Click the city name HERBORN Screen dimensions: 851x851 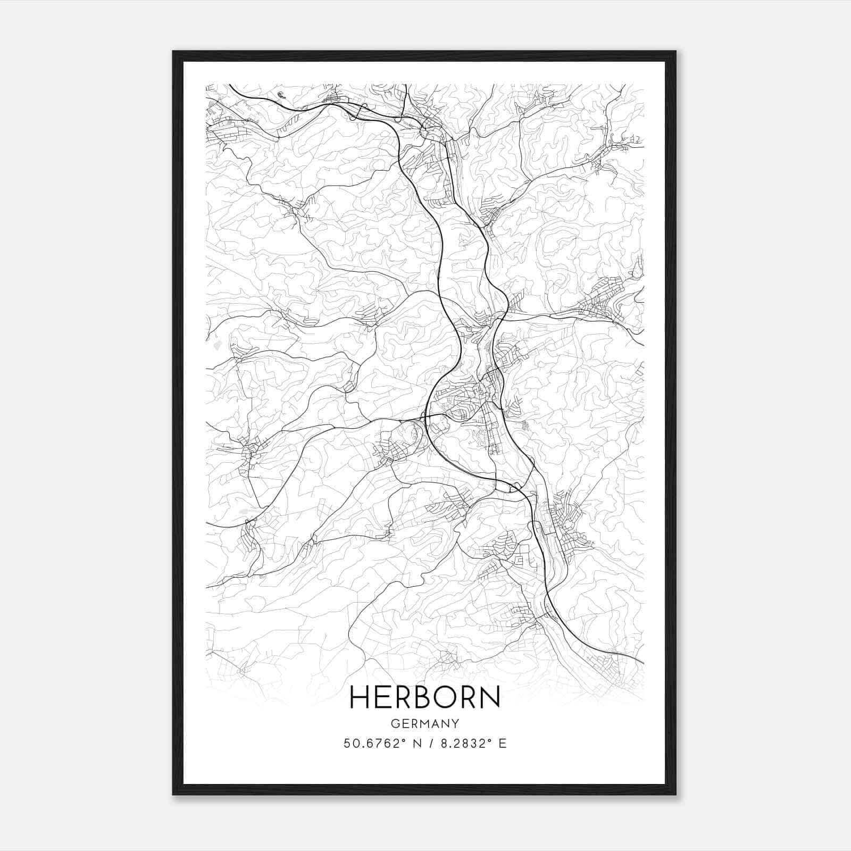(425, 697)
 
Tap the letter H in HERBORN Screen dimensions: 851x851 (359, 697)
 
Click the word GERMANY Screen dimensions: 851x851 (425, 723)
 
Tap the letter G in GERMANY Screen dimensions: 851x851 (394, 723)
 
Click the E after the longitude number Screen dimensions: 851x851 (503, 743)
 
